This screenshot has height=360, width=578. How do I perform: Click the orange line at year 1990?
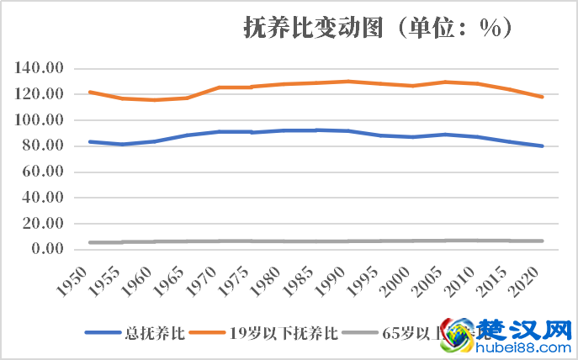[348, 82]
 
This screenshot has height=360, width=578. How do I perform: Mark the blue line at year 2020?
[542, 146]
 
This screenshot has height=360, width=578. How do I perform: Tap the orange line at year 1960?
[154, 100]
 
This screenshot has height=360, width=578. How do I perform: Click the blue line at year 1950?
[90, 141]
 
